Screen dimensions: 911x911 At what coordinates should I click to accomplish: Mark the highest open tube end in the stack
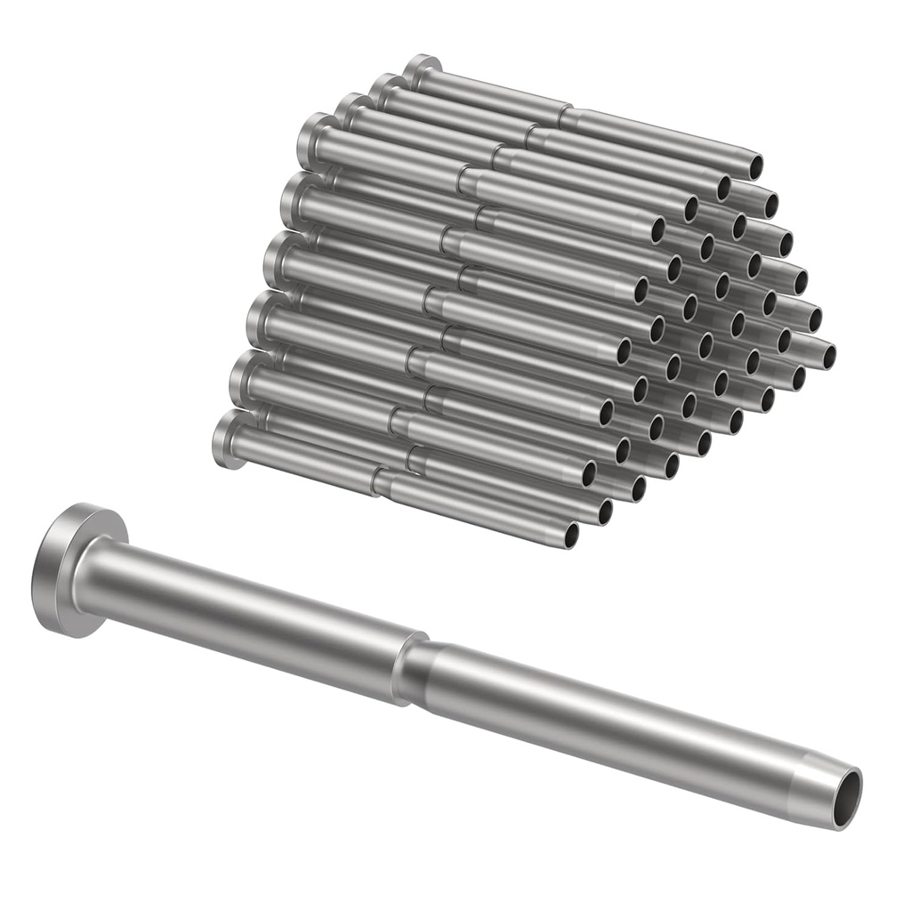coord(754,165)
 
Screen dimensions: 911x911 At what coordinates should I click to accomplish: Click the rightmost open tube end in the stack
coord(828,357)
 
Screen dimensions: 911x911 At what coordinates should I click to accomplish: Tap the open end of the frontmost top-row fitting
coord(657,230)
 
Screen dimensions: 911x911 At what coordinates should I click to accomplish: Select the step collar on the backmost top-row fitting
coord(566,116)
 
